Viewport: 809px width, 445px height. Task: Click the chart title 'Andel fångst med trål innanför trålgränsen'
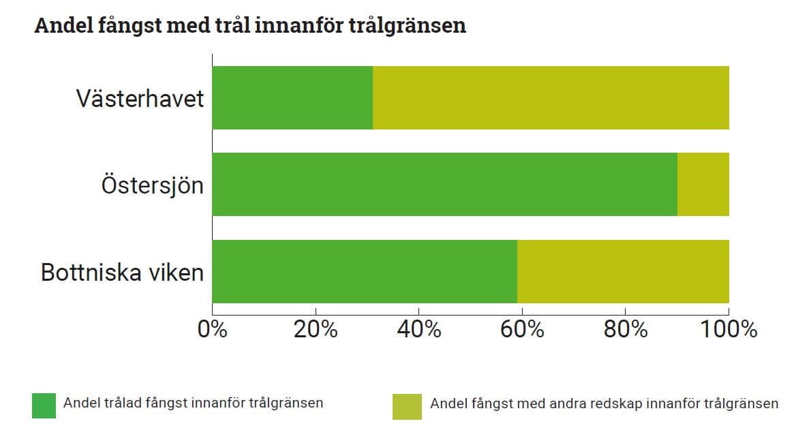tap(250, 26)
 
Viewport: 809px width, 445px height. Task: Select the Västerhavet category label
tap(140, 99)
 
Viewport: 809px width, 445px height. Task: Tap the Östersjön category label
tap(152, 185)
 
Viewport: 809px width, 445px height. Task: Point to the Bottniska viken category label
tap(122, 272)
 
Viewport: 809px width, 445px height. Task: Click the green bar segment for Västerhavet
tap(292, 97)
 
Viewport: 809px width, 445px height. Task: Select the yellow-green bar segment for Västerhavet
tap(551, 97)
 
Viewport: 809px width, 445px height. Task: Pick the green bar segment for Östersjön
tap(444, 184)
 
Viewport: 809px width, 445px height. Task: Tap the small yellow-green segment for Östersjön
tap(703, 184)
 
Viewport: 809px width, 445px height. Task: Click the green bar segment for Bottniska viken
tap(365, 271)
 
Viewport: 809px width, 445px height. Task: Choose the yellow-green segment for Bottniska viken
tap(623, 271)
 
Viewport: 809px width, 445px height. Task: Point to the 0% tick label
tap(212, 330)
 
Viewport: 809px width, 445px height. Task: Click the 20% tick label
tap(316, 330)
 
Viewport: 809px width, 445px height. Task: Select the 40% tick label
tap(419, 330)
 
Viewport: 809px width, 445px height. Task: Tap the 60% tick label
tap(522, 330)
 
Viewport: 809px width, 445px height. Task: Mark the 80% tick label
tap(626, 330)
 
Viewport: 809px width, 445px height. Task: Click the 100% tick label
tap(729, 330)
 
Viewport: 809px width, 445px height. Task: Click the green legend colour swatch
tap(44, 405)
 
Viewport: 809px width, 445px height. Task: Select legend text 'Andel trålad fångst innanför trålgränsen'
tap(193, 403)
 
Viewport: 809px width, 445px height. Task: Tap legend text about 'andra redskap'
tap(604, 403)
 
